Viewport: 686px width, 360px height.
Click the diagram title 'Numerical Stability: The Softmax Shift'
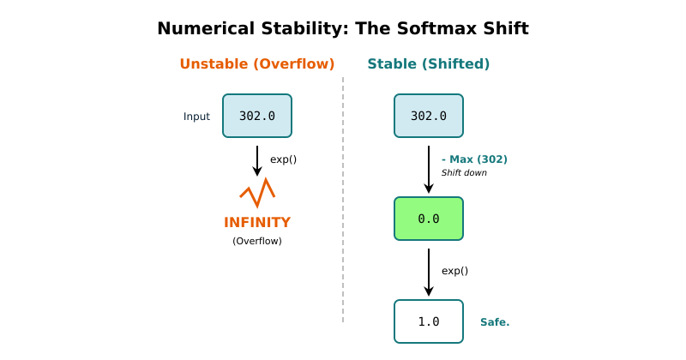tap(343, 29)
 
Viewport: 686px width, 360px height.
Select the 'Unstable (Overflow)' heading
tap(256, 64)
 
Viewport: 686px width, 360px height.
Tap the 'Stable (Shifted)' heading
tap(429, 64)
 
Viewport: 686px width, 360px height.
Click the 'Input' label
tap(196, 117)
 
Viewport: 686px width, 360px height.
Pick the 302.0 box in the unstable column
tap(257, 116)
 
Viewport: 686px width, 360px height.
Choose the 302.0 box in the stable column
tap(429, 116)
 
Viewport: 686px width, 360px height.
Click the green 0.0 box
tap(429, 219)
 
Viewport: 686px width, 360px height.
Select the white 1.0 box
tap(429, 321)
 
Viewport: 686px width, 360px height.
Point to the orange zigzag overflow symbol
tap(257, 193)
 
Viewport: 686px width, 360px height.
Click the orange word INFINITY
tap(257, 223)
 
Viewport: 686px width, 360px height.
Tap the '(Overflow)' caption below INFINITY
tap(257, 241)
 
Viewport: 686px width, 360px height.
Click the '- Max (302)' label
tap(474, 159)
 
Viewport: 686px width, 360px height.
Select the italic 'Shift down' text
tap(464, 172)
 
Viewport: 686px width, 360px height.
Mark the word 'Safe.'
tap(495, 322)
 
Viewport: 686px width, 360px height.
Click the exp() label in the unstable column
tap(283, 159)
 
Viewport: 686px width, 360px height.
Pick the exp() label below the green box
tap(454, 271)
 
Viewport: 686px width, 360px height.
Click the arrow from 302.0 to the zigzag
tap(257, 160)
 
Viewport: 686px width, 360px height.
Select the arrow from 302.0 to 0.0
tap(429, 169)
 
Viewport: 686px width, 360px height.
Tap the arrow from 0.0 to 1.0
tap(429, 272)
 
